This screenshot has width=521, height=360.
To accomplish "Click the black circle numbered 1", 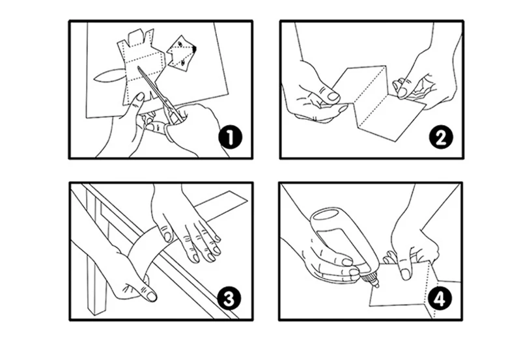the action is point(230,138).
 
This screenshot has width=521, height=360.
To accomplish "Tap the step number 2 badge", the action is point(441,138).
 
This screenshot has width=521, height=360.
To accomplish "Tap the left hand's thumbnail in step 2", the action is point(333,96).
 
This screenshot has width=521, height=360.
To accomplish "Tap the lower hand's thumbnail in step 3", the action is point(151,296).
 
